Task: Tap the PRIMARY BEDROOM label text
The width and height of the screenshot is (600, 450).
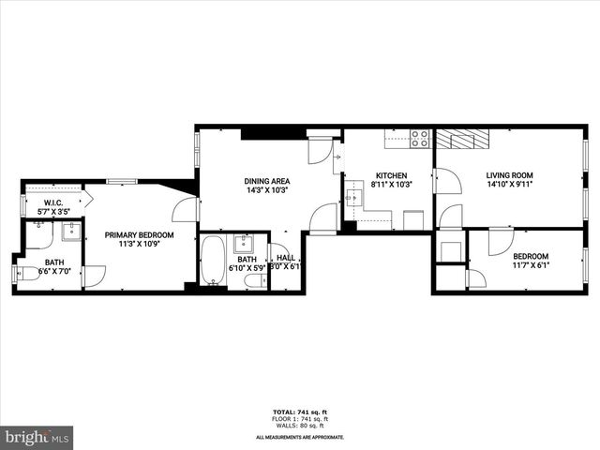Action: tap(139, 235)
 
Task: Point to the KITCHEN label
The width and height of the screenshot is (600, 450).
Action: tap(390, 175)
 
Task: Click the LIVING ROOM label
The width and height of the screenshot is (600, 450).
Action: tap(509, 175)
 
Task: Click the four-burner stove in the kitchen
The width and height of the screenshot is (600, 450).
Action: tap(420, 139)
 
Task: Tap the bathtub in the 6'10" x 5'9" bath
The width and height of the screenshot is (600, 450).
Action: tap(213, 260)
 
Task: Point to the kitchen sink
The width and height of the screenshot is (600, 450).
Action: tap(355, 198)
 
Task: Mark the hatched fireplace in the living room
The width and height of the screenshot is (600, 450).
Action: tap(463, 139)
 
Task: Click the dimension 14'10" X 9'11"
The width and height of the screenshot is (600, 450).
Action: tap(509, 185)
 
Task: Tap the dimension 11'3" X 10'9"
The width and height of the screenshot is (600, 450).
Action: tap(139, 245)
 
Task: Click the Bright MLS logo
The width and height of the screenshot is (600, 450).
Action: tap(37, 437)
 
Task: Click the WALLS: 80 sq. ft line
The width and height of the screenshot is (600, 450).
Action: tap(300, 425)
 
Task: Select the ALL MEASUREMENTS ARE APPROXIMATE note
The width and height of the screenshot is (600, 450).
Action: tap(300, 437)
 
